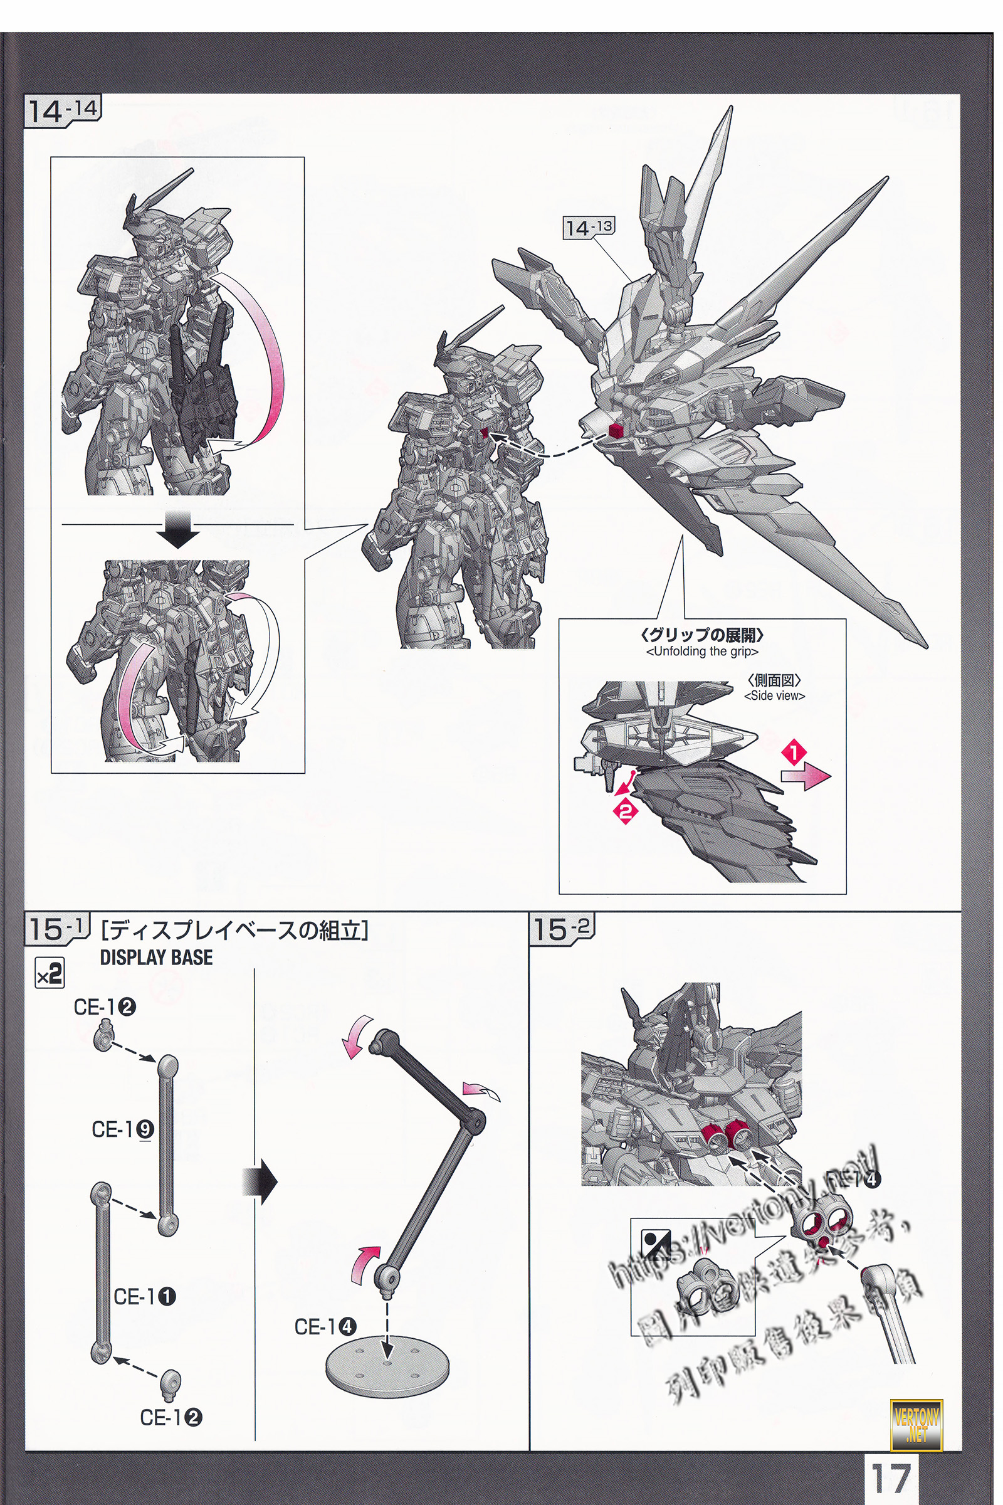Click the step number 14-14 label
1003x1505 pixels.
pos(63,111)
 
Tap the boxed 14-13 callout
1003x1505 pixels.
pos(588,227)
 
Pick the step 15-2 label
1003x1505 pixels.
pos(561,929)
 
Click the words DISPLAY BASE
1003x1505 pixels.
pos(156,958)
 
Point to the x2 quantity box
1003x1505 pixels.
pos(50,975)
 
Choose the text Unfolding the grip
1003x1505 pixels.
pos(701,652)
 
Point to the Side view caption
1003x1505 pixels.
pos(774,696)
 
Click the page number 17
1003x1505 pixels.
pos(891,1478)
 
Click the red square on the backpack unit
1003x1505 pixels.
pos(615,430)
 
